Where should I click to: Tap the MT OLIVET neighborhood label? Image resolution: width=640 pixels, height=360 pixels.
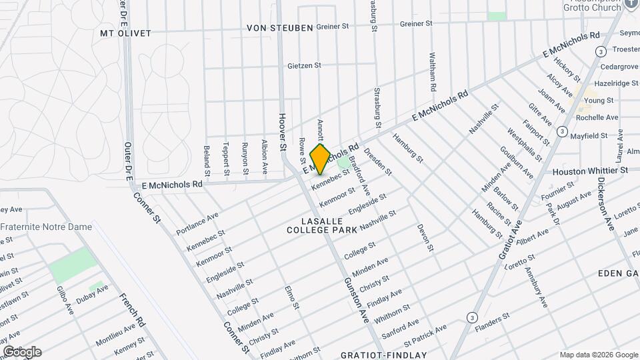pos(125,33)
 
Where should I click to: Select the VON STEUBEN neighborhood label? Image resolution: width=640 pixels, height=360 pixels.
pos(279,28)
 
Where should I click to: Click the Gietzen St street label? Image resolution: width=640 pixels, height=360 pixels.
pos(304,66)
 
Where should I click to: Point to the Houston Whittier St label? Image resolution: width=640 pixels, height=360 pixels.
pos(591,171)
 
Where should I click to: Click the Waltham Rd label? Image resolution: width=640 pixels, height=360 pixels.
pos(433,72)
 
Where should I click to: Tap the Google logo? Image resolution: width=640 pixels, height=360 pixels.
pos(21,351)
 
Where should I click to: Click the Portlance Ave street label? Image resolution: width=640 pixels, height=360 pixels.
pos(197,224)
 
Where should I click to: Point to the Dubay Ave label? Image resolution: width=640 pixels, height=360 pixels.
pos(93,289)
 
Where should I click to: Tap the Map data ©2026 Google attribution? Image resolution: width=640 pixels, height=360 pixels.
pos(598,355)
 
